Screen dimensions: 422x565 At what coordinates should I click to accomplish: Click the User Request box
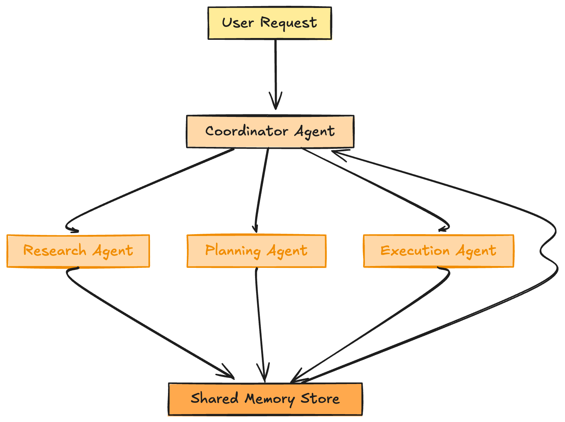pos(269,23)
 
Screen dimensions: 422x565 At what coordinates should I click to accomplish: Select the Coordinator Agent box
pos(270,132)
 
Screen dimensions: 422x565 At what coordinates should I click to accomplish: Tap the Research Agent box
pos(78,251)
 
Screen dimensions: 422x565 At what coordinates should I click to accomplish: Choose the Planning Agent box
pos(256,251)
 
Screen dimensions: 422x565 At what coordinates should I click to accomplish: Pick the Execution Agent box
pos(438,251)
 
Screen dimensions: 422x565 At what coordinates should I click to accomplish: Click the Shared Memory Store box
pos(265,399)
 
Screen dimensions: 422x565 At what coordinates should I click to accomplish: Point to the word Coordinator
pos(246,131)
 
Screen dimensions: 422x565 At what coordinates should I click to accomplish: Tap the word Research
pos(55,250)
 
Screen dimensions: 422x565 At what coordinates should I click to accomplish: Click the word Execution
pos(415,250)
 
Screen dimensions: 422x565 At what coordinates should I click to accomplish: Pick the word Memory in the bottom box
pos(269,399)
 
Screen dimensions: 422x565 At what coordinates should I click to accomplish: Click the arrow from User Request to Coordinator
pos(276,72)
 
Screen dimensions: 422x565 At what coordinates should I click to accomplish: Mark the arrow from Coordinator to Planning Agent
pos(262,188)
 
